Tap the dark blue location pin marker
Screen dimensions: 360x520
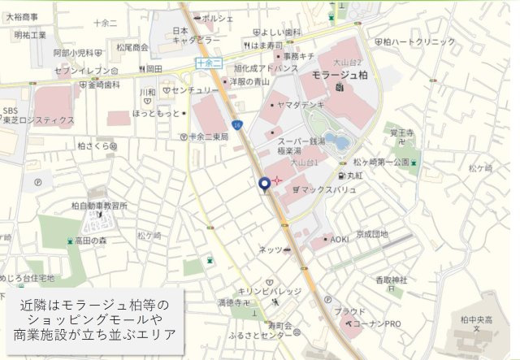click(264, 185)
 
